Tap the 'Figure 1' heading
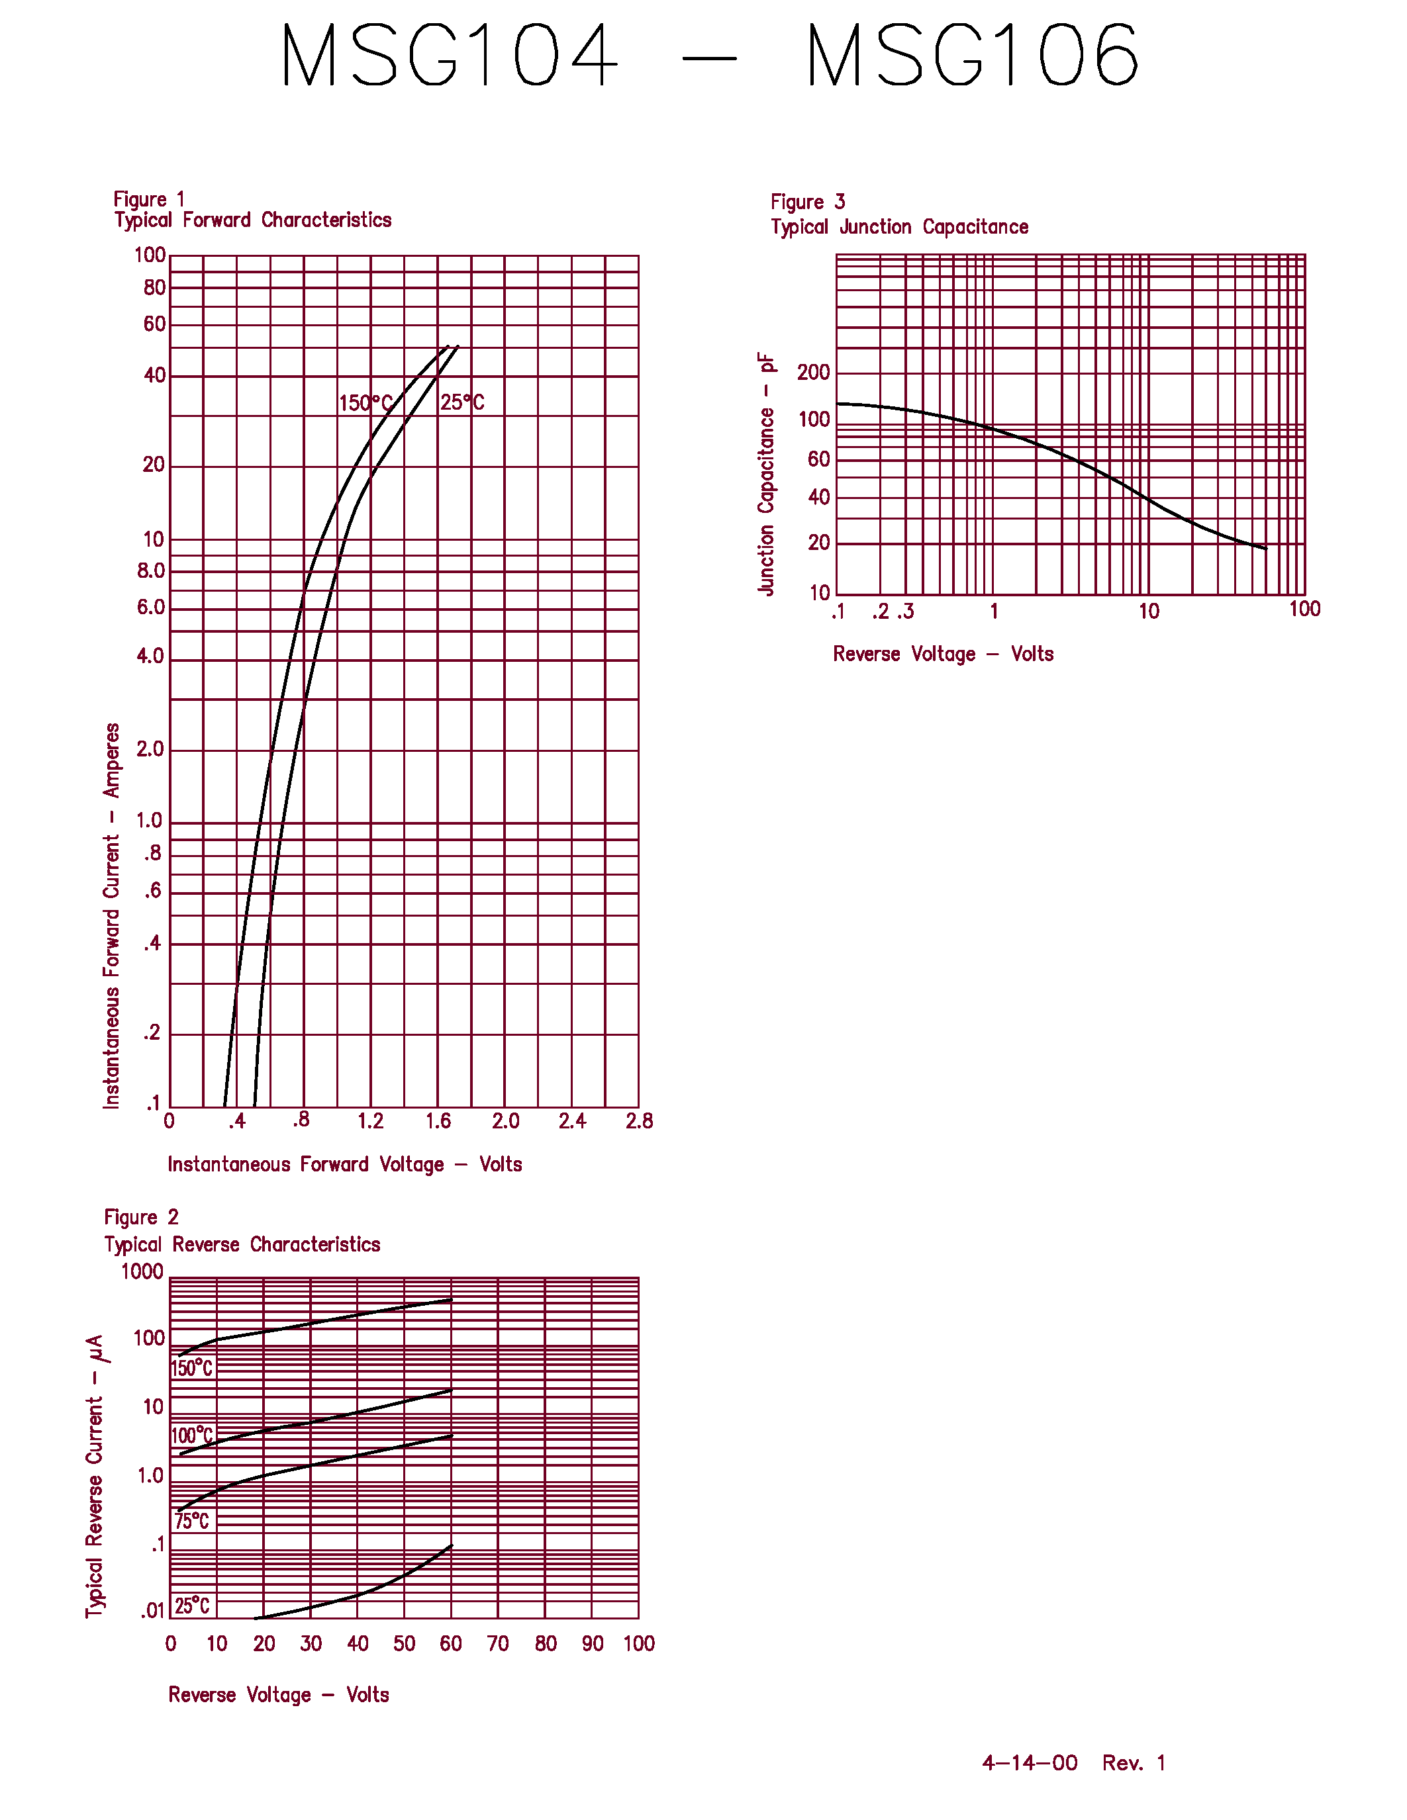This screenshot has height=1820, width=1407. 149,200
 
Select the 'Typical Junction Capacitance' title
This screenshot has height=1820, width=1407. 899,226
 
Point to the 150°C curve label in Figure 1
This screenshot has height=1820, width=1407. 365,403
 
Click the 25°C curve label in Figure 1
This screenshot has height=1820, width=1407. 461,402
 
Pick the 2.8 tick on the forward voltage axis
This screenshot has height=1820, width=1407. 640,1121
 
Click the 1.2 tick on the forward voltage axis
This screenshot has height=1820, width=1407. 370,1121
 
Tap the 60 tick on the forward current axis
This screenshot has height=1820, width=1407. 154,324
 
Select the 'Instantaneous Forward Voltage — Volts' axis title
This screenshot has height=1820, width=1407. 344,1164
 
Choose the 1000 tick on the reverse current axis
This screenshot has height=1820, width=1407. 142,1271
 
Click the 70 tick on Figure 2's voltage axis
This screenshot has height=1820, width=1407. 498,1643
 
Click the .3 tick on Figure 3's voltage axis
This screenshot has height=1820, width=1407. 905,612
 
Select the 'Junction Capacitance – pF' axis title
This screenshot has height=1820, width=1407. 766,473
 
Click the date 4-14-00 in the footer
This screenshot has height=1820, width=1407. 1030,1762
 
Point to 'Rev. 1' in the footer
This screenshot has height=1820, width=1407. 1134,1762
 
